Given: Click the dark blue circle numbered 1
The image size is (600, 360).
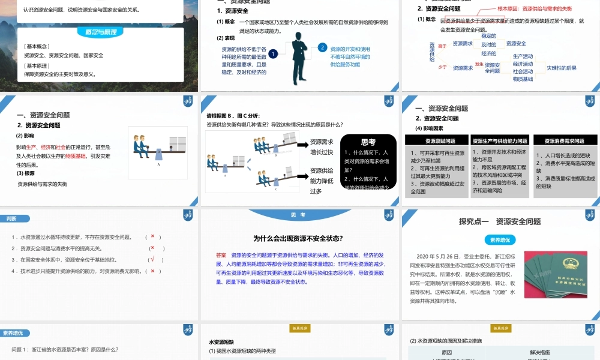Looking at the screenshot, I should tap(274, 54).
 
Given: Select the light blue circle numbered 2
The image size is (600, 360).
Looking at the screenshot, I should tap(322, 47).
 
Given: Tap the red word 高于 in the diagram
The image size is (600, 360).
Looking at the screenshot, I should tap(443, 46).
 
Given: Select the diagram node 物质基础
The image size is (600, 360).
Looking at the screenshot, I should tap(523, 79).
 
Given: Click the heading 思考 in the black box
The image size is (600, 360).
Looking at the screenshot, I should tap(368, 142).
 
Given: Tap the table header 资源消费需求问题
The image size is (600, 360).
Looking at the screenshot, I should tap(564, 141).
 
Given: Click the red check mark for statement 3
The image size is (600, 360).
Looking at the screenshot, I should tap(153, 260).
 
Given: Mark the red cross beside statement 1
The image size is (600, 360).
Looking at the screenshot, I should tap(153, 236).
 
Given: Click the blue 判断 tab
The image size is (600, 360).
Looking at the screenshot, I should tap(11, 218).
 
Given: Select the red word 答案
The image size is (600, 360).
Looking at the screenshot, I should tap(221, 255).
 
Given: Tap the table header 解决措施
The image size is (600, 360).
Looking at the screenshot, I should tap(541, 352).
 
